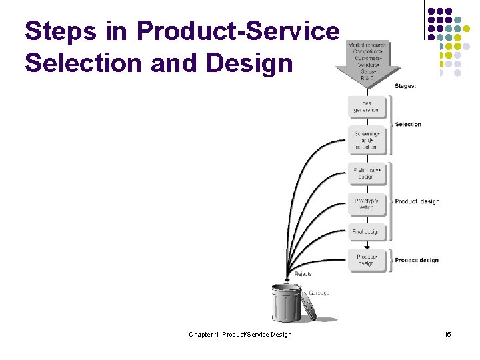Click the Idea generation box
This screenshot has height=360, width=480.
tap(367, 107)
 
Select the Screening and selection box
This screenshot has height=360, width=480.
tap(367, 140)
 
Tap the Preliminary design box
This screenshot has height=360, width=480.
tap(367, 174)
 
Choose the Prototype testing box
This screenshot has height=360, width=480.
tap(367, 204)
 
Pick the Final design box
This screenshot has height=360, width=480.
tap(365, 232)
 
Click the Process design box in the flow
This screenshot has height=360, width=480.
tap(367, 260)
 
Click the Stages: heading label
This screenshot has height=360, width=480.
tap(405, 86)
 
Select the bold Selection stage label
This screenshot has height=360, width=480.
tap(408, 125)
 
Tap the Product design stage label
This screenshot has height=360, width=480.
tap(417, 202)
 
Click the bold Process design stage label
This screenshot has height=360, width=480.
tap(417, 260)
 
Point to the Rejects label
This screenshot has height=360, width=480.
tap(303, 274)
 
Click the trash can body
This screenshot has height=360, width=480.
tap(287, 305)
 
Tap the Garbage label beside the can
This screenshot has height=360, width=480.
tap(319, 293)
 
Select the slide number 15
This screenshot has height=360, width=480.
tap(447, 334)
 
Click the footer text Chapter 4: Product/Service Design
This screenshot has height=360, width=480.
tap(240, 334)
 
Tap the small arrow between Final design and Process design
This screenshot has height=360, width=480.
tap(367, 245)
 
